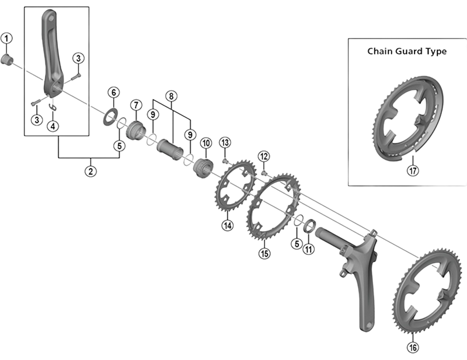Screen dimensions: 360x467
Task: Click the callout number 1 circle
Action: pyautogui.click(x=6, y=39)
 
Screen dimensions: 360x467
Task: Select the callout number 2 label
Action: pyautogui.click(x=91, y=172)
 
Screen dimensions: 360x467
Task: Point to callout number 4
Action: pyautogui.click(x=53, y=125)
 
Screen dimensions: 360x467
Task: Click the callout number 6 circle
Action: pyautogui.click(x=113, y=93)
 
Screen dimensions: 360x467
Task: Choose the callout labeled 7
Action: pyautogui.click(x=136, y=105)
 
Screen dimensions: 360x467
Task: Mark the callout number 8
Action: pyautogui.click(x=170, y=95)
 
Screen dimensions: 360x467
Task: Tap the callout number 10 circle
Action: pyautogui.click(x=205, y=143)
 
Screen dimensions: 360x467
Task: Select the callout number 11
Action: pyautogui.click(x=309, y=250)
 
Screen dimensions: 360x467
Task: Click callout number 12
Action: pyautogui.click(x=264, y=156)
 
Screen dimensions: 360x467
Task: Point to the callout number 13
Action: pyautogui.click(x=225, y=143)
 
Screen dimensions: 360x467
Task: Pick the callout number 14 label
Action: pyautogui.click(x=227, y=225)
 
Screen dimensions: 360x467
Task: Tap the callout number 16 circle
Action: pyautogui.click(x=413, y=348)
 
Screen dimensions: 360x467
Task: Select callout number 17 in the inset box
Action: pyautogui.click(x=413, y=172)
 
